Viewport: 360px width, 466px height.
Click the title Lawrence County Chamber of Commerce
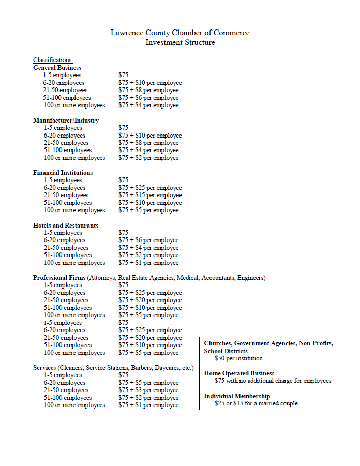180,33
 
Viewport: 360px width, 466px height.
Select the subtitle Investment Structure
180,42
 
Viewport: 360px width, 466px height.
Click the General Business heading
57,68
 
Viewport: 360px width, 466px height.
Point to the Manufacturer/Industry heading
66,121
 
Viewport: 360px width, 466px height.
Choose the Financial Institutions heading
63,173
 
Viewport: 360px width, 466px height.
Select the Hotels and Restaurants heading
66,226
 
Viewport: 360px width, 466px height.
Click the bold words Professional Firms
59,278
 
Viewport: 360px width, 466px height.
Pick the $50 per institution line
238,358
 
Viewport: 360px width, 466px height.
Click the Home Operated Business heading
239,373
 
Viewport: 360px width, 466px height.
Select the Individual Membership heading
237,396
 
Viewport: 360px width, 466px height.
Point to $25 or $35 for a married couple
256,403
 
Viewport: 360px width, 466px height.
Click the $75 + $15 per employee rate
150,195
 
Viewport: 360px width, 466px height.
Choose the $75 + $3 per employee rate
148,390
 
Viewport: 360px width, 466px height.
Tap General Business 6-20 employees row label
64,83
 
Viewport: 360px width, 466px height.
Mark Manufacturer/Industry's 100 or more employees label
74,158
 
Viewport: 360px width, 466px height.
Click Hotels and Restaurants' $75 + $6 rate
148,240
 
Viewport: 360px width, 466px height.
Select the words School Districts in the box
226,351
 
